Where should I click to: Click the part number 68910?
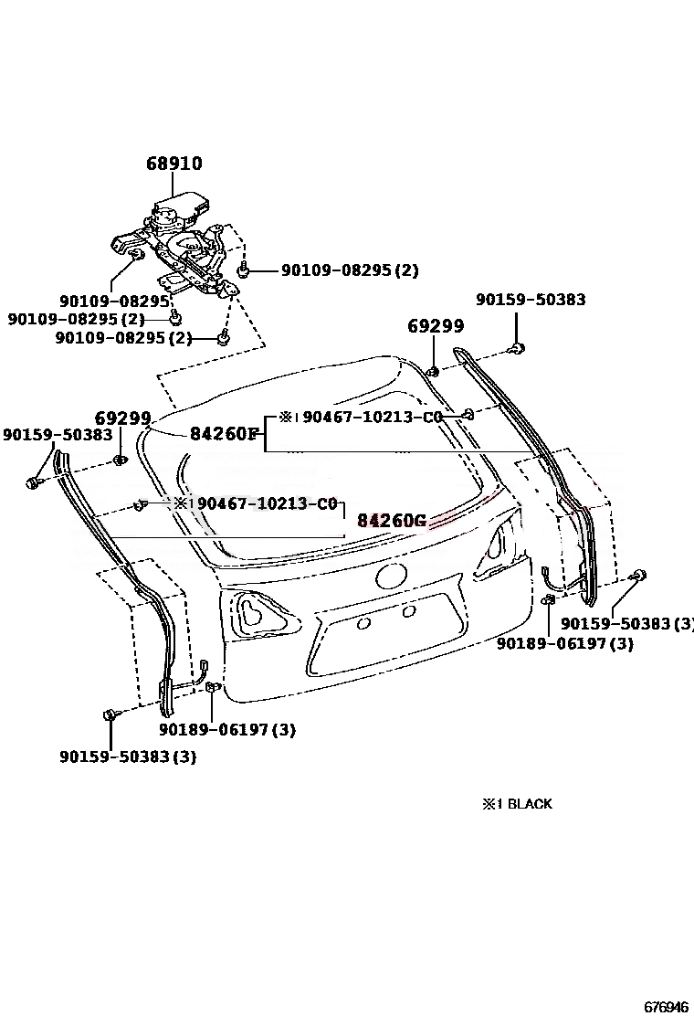[174, 164]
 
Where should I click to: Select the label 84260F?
[225, 433]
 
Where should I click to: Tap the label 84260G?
[392, 521]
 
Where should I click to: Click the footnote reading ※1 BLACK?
[517, 804]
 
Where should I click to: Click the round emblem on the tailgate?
[390, 577]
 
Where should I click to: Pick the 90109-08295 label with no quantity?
[115, 301]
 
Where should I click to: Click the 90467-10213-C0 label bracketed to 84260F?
[372, 417]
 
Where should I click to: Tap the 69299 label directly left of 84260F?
[122, 418]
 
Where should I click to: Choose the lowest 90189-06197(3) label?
[226, 729]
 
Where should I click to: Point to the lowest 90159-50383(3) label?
[128, 757]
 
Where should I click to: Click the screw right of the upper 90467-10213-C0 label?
[468, 415]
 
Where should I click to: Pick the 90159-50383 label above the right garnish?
[531, 300]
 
